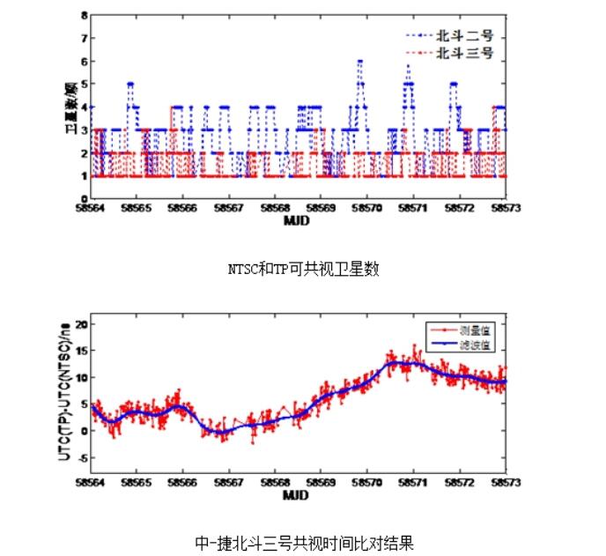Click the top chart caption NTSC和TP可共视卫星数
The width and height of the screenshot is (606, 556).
tap(302, 270)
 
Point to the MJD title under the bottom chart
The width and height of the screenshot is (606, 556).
tap(296, 496)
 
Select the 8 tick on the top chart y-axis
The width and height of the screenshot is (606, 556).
tap(84, 15)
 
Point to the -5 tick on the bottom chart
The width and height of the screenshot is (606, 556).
tap(81, 458)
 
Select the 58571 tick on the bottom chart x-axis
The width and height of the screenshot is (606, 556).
tap(413, 484)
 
